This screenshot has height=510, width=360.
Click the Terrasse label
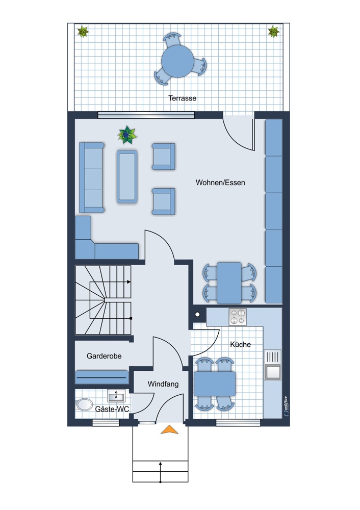(x=182, y=98)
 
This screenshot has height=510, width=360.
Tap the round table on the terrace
(x=177, y=61)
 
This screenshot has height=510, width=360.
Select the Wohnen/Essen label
(x=220, y=183)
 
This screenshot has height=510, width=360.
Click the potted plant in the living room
(x=127, y=135)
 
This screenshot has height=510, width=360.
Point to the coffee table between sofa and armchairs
(x=127, y=176)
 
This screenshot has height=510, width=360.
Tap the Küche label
(x=240, y=344)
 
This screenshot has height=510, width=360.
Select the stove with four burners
(x=238, y=317)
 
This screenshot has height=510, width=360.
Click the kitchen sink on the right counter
(x=272, y=365)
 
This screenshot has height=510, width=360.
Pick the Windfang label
(x=163, y=384)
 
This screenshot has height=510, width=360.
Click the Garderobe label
(x=104, y=356)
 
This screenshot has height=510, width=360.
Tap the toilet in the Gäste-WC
(x=85, y=404)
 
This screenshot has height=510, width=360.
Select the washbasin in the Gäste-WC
(x=116, y=396)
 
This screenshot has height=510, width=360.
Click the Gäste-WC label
(x=112, y=409)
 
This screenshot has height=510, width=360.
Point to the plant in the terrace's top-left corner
(x=83, y=32)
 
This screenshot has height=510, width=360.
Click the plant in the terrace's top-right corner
(x=273, y=32)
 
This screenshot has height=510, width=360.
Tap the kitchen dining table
(x=215, y=384)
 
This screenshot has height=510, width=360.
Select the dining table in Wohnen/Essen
(x=229, y=283)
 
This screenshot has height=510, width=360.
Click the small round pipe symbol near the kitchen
(x=197, y=314)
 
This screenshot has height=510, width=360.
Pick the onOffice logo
(x=285, y=406)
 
